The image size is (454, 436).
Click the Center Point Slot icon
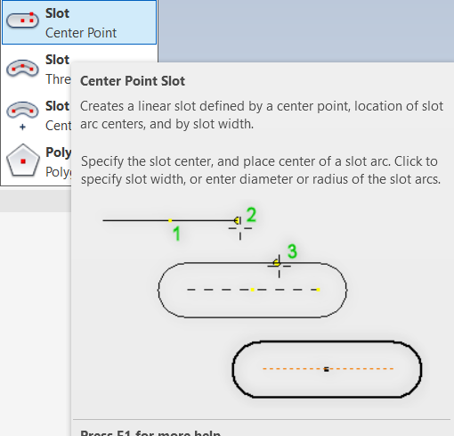click(21, 22)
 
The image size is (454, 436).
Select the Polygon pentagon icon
click(21, 160)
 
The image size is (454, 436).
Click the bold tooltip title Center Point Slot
click(133, 81)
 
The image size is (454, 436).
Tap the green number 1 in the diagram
click(176, 234)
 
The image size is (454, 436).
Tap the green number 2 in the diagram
click(251, 214)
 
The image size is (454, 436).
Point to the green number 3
click(291, 252)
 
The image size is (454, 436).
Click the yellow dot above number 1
click(170, 220)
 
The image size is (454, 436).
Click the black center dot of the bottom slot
click(327, 368)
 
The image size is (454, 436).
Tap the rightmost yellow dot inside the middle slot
click(319, 290)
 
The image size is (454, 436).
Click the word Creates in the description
click(101, 106)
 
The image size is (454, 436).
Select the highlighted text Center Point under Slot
click(81, 33)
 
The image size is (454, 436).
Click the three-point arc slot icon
click(21, 68)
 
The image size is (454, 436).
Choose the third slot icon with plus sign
click(21, 114)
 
